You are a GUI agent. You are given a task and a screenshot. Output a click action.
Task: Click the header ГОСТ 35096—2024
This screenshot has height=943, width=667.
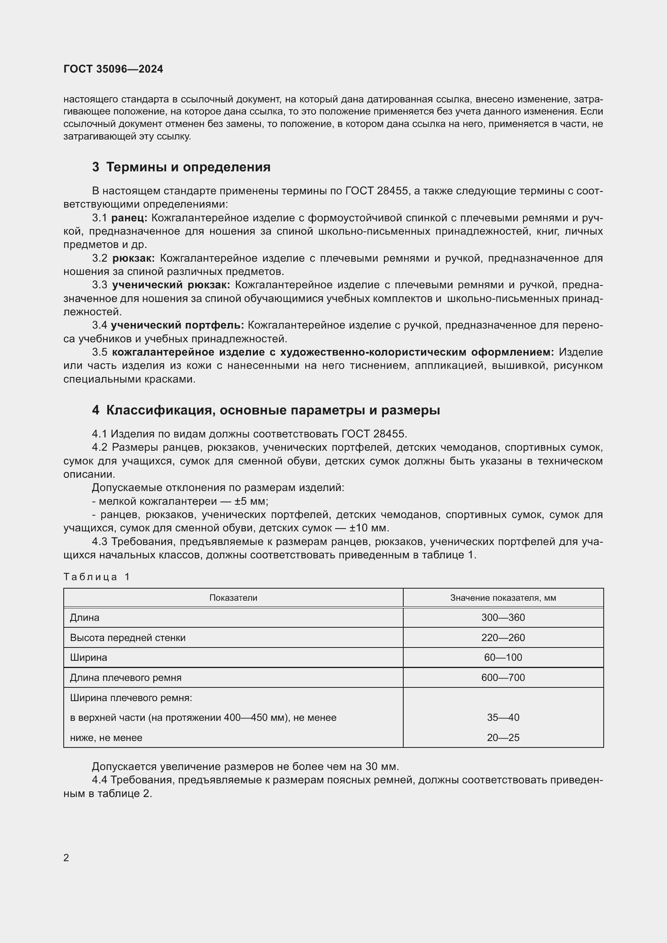[113, 69]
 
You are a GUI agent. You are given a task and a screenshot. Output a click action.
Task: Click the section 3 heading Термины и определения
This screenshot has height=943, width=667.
[181, 167]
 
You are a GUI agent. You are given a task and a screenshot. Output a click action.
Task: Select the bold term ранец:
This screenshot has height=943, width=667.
[129, 218]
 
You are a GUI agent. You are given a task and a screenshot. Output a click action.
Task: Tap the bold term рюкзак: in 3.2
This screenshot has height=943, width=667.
[133, 258]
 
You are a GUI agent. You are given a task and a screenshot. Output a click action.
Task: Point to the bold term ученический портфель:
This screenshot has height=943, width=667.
[177, 325]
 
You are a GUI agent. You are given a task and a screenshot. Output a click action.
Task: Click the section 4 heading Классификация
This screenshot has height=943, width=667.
[266, 410]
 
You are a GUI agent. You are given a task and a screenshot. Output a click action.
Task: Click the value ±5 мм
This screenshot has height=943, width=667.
[251, 502]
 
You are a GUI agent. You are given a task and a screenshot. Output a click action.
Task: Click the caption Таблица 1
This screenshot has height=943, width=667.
[96, 577]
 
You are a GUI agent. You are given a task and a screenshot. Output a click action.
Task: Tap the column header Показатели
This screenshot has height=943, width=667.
[233, 598]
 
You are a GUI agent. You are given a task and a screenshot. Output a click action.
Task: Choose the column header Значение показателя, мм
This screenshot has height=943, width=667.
[503, 598]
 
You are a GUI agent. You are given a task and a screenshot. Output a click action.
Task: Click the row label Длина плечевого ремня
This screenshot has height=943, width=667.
[126, 678]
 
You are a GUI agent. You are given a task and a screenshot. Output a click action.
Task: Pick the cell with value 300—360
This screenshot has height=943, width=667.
[503, 618]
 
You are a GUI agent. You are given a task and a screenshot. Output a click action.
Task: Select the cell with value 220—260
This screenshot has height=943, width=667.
[503, 638]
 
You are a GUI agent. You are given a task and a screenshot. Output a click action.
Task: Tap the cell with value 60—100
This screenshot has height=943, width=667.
[503, 658]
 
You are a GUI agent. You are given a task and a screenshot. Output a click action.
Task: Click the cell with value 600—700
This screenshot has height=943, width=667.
[503, 678]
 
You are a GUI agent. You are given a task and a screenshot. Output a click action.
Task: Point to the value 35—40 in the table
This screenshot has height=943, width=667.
[503, 718]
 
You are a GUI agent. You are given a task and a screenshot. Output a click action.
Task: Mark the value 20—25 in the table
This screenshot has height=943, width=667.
[503, 738]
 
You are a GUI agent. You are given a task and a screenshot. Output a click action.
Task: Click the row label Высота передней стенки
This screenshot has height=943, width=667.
[128, 638]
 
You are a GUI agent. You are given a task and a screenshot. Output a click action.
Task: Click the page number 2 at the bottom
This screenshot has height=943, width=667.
[66, 858]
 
